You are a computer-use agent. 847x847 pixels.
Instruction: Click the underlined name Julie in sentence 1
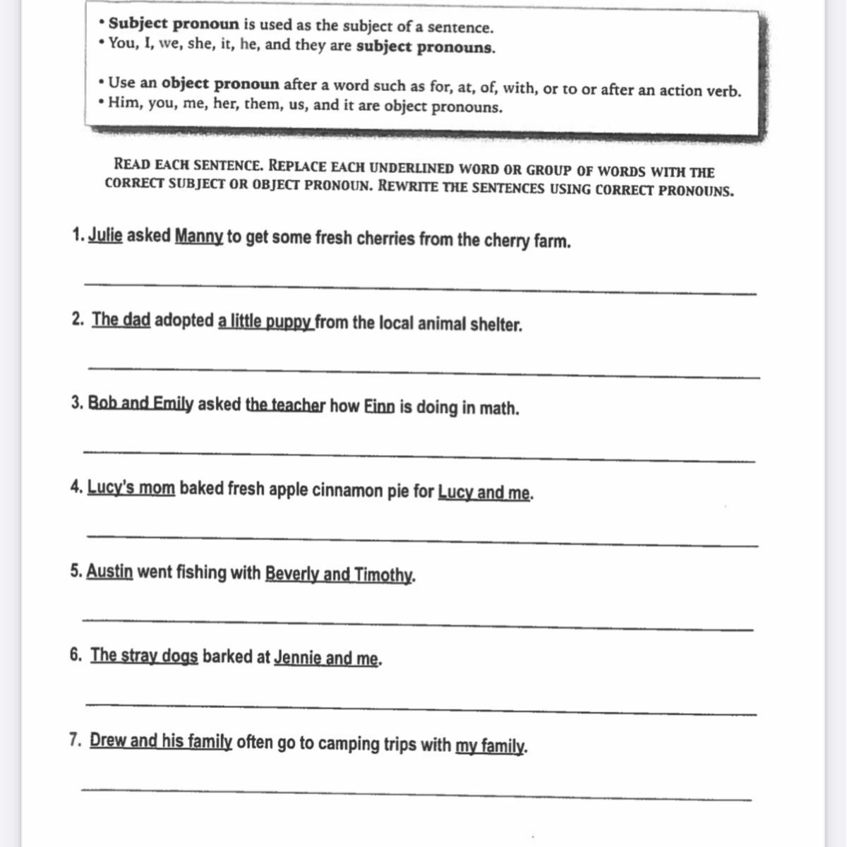point(105,236)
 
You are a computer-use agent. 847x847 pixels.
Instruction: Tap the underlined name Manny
point(199,236)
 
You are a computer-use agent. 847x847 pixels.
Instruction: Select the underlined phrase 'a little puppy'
point(265,322)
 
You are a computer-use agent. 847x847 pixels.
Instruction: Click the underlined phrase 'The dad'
point(121,320)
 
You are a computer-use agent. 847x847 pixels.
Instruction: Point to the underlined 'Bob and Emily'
point(140,404)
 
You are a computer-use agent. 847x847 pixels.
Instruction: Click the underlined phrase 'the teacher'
point(285,406)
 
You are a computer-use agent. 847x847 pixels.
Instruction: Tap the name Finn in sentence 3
point(379,407)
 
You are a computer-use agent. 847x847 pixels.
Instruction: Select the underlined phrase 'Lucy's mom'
point(131,488)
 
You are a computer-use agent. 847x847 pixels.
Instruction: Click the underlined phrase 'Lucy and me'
point(484,492)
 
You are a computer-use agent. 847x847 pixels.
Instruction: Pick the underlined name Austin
point(109,571)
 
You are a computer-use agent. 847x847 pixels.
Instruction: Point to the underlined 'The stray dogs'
point(144,656)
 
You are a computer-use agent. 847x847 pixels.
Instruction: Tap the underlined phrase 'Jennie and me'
point(326,659)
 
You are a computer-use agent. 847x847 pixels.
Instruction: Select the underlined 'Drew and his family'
point(161,741)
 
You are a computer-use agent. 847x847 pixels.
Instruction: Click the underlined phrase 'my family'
point(490,745)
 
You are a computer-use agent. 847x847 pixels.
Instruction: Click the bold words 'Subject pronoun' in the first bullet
point(174,24)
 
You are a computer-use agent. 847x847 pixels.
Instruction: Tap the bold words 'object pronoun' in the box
point(220,84)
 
